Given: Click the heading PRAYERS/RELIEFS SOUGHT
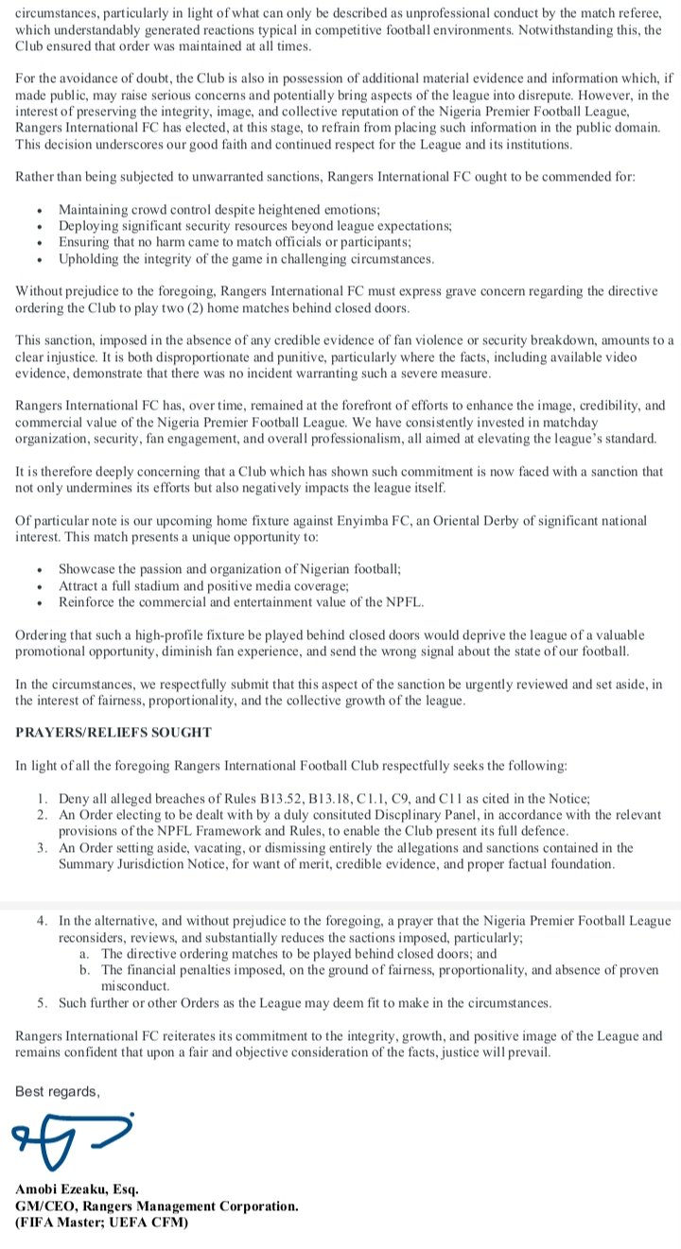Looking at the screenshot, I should point(113,732).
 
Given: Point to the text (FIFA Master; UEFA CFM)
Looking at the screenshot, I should point(101,1223).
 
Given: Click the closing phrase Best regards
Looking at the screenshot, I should point(57,1091).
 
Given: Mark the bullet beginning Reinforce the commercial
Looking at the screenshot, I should point(241,602).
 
